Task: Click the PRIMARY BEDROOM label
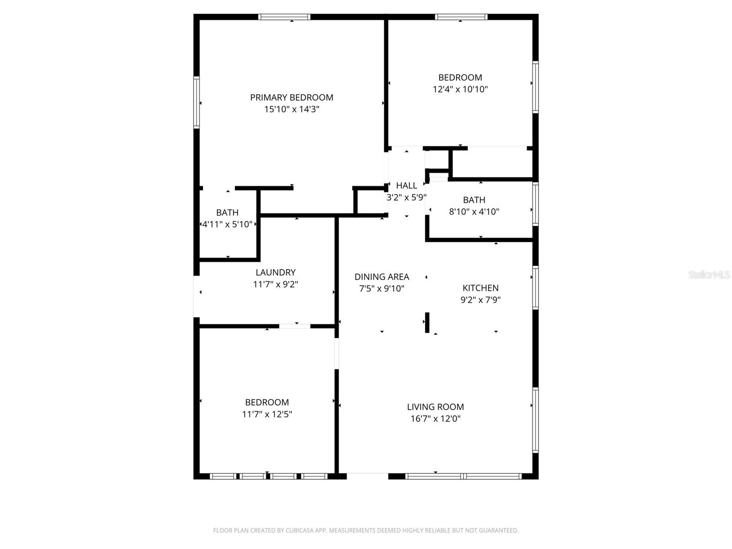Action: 291,97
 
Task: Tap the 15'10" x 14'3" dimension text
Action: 291,109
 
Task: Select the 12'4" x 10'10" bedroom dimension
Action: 460,89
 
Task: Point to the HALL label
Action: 406,185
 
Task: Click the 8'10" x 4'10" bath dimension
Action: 474,212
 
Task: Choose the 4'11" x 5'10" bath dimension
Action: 227,224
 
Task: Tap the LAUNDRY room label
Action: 275,272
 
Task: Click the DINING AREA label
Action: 382,277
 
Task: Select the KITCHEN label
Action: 480,288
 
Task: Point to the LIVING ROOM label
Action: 436,407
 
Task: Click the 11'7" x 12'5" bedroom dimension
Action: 267,414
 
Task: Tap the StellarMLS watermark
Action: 709,274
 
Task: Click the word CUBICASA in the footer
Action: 300,531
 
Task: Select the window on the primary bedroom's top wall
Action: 284,17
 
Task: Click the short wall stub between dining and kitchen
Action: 427,323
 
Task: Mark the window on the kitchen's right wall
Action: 535,288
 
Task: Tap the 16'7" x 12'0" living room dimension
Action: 436,419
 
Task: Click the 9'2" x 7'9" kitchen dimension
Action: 480,300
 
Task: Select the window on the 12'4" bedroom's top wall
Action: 461,17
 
